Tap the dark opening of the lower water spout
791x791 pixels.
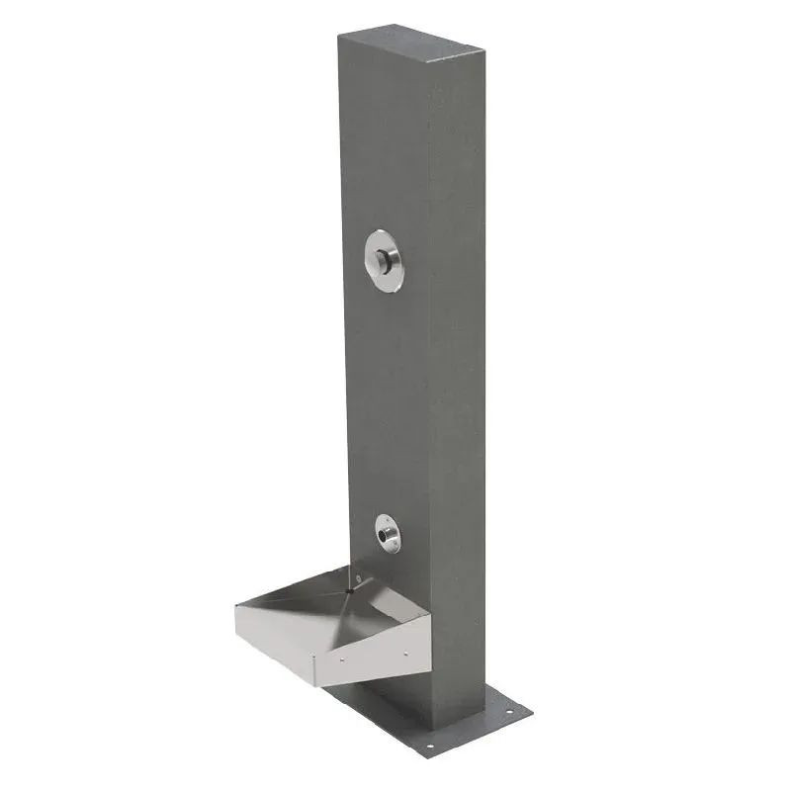[381, 535]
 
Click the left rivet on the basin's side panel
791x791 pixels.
[342, 659]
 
